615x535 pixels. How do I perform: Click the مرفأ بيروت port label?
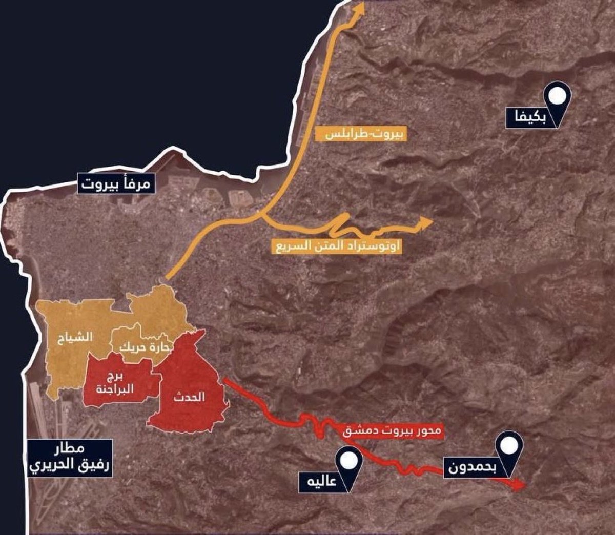tap(116, 183)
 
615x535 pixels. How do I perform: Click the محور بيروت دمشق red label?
tap(391, 431)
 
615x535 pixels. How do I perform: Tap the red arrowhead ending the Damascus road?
tap(519, 484)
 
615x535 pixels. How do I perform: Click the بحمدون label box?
tap(471, 467)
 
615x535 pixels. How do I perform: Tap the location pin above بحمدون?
tap(509, 446)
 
